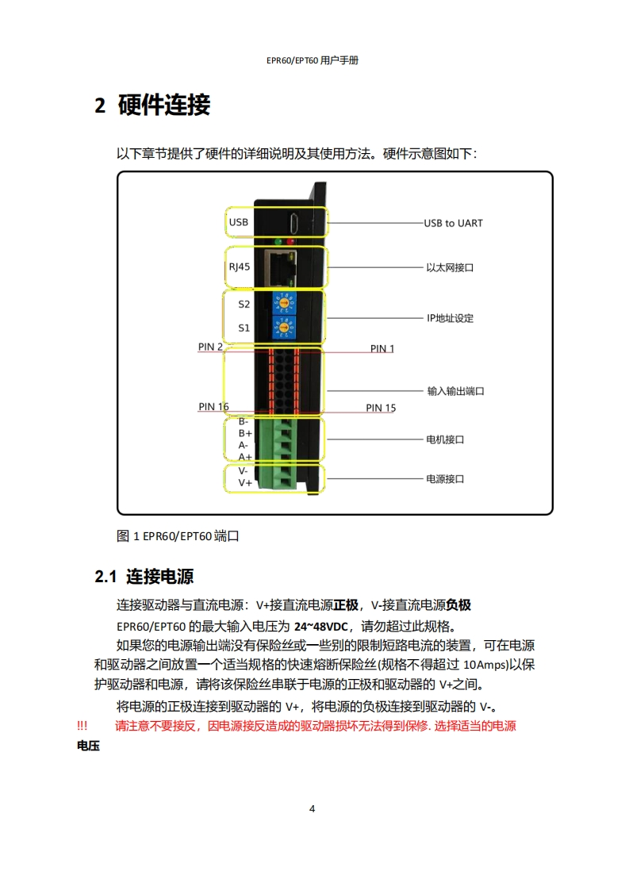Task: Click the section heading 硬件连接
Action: click(163, 105)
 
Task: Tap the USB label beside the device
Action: click(238, 222)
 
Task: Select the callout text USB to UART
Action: click(453, 223)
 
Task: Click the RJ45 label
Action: click(239, 267)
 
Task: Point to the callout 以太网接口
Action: click(450, 268)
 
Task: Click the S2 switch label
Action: click(244, 304)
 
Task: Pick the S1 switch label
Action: click(244, 328)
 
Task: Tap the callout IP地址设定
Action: click(450, 318)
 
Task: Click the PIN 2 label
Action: click(210, 347)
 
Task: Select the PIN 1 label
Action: click(382, 348)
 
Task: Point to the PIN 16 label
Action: click(213, 407)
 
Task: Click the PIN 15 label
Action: click(381, 408)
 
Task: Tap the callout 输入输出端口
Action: click(455, 391)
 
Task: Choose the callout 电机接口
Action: click(445, 439)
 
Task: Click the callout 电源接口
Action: click(445, 479)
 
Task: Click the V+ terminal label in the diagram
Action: click(245, 482)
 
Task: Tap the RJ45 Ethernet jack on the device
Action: click(279, 267)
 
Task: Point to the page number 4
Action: click(313, 809)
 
